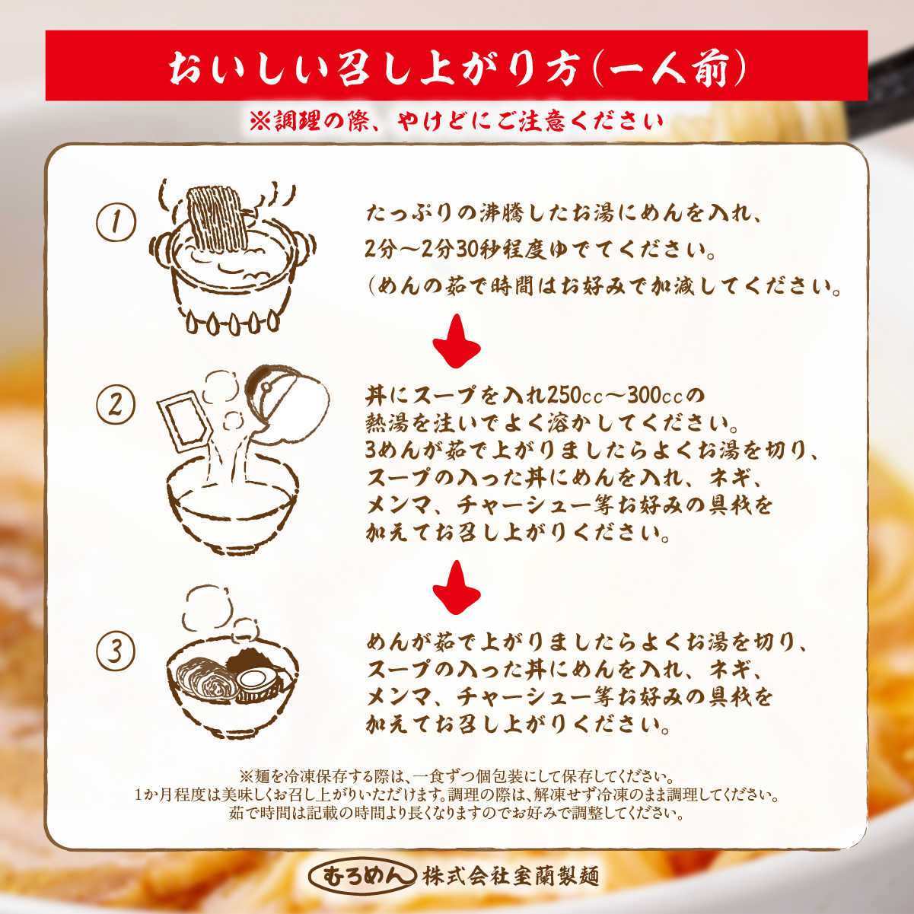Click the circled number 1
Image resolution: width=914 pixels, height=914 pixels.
pyautogui.click(x=116, y=222)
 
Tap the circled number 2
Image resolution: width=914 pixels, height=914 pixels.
pyautogui.click(x=116, y=404)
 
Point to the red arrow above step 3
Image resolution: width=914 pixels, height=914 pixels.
pyautogui.click(x=457, y=588)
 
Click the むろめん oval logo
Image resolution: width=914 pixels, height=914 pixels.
pyautogui.click(x=362, y=876)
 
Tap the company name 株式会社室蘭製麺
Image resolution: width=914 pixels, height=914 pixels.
pyautogui.click(x=511, y=876)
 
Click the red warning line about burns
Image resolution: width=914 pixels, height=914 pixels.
pyautogui.click(x=457, y=122)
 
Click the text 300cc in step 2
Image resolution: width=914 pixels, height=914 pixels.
pyautogui.click(x=654, y=395)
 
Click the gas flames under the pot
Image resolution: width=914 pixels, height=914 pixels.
pyautogui.click(x=232, y=323)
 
